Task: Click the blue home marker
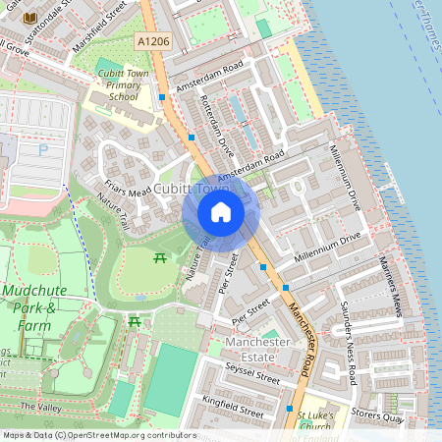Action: pos(221,212)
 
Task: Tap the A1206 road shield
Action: pos(152,40)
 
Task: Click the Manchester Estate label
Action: pos(257,349)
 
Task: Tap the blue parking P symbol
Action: pos(42,150)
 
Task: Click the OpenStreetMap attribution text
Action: pos(98,435)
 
